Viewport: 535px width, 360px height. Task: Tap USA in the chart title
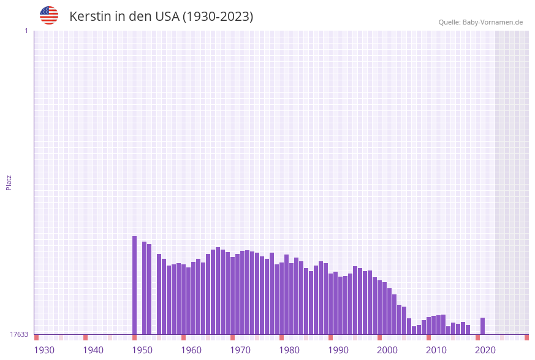point(167,17)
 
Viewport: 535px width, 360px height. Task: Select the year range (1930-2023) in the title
point(218,17)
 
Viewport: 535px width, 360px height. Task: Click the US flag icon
point(49,15)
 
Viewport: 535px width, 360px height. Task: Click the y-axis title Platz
point(9,183)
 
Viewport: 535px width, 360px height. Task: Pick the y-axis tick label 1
point(26,31)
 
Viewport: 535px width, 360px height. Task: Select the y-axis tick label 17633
point(19,334)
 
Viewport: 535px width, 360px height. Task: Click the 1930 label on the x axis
point(44,350)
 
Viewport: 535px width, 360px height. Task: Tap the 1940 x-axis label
point(93,350)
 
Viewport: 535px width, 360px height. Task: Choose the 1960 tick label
point(191,350)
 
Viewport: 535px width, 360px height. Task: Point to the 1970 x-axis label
point(240,350)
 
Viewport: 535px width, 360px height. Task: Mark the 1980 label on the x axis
point(289,350)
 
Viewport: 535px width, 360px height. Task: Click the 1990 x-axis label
point(338,350)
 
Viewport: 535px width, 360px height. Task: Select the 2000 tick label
point(387,350)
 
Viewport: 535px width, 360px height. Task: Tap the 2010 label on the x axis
point(436,350)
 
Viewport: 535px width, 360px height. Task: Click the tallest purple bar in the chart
point(134,285)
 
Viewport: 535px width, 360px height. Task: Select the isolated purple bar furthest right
point(482,326)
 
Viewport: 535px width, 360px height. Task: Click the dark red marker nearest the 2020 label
point(477,337)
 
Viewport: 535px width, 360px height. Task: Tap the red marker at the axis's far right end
point(526,337)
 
